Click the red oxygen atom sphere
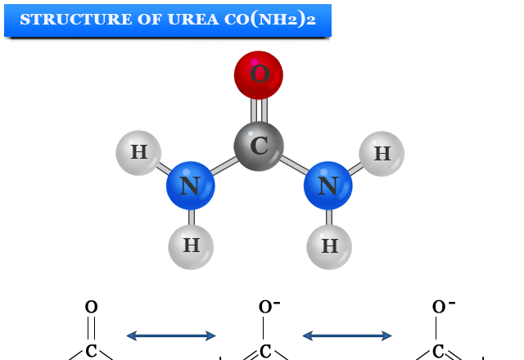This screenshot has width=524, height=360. (x=259, y=75)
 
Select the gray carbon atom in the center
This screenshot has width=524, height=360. (x=259, y=146)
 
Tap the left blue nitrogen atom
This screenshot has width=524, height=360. (x=190, y=186)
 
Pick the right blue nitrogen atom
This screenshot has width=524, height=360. (x=327, y=186)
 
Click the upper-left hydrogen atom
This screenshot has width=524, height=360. (x=138, y=152)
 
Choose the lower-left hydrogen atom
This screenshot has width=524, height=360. (x=191, y=245)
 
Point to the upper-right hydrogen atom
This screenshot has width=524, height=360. (x=382, y=153)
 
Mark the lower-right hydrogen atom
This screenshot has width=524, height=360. (x=329, y=246)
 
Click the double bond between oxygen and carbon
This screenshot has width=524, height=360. (x=259, y=110)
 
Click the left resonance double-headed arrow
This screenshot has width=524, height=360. (x=171, y=335)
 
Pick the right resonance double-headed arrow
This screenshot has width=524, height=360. (x=347, y=335)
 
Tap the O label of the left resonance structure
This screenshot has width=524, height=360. (x=91, y=308)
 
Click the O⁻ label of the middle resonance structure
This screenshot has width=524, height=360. (x=269, y=307)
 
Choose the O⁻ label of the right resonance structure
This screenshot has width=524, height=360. (x=444, y=307)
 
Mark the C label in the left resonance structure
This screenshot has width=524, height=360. (x=91, y=352)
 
